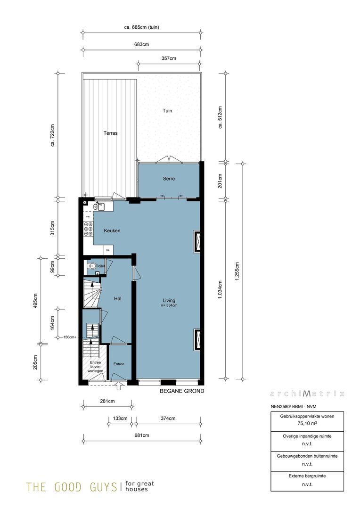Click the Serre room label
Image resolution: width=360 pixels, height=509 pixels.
(x=169, y=179)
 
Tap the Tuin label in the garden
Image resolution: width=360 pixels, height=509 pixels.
(x=167, y=111)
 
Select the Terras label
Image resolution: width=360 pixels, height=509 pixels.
(x=110, y=133)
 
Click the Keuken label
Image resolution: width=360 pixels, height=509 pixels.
(x=112, y=230)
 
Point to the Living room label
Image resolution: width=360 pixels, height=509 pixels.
(x=169, y=300)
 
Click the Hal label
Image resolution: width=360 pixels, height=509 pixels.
(x=118, y=298)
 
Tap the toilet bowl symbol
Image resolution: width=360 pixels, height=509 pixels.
(x=92, y=266)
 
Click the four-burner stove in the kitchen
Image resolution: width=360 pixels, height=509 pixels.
(x=88, y=229)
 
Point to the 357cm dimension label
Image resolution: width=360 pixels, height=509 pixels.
(x=169, y=58)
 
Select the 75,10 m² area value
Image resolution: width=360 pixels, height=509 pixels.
(x=307, y=424)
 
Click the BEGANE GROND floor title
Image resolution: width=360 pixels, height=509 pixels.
(x=181, y=391)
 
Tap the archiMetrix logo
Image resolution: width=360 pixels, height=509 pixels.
(x=307, y=394)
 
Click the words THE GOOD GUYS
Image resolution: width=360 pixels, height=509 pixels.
(x=71, y=486)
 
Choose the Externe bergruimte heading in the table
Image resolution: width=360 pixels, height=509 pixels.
(x=307, y=476)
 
